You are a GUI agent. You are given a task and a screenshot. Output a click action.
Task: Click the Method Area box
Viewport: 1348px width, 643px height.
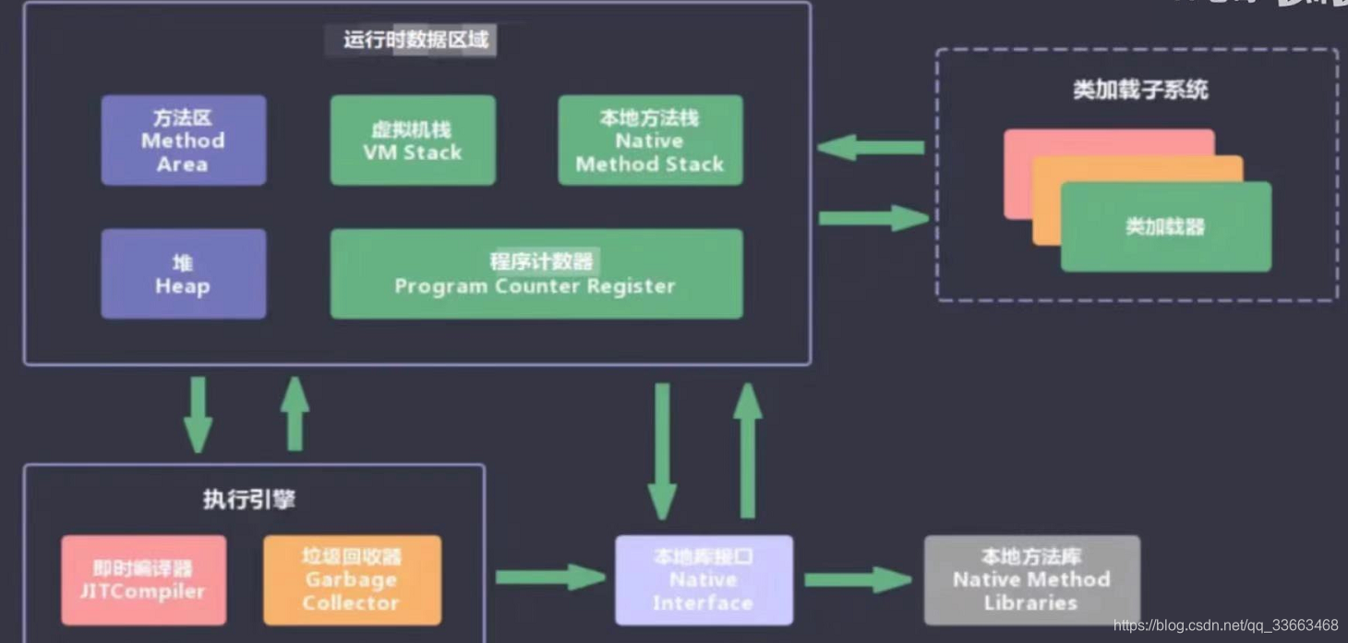(183, 140)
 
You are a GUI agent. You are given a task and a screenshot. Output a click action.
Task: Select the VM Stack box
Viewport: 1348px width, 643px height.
(413, 140)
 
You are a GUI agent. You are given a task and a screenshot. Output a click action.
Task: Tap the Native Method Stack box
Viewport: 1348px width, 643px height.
(650, 140)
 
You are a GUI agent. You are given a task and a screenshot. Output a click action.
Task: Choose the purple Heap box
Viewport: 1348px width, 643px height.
(183, 274)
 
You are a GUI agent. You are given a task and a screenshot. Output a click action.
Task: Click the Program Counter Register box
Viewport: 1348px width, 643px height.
(536, 274)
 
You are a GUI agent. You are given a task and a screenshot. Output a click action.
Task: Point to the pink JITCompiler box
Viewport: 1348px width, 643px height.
(143, 580)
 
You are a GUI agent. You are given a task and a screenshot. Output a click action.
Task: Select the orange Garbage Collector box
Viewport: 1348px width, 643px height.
(352, 580)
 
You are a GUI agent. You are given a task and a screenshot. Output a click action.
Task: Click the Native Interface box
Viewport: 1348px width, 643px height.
(704, 580)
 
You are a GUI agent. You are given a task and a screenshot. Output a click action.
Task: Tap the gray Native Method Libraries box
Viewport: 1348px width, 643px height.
(1031, 580)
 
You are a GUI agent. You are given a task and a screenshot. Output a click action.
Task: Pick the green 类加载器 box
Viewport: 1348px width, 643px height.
(1165, 227)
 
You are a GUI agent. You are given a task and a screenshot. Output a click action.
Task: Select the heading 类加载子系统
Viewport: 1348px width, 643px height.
(1140, 91)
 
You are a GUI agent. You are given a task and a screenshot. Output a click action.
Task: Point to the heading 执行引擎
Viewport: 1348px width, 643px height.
(249, 500)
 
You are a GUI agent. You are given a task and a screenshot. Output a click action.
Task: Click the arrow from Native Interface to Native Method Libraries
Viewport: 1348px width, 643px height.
(857, 580)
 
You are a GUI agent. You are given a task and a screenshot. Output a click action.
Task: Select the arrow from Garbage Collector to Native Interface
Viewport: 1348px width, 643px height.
(549, 577)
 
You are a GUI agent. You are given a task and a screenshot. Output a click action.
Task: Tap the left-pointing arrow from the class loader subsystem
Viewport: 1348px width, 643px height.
(871, 147)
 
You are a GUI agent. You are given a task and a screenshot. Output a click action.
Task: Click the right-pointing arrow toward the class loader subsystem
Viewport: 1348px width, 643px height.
(873, 218)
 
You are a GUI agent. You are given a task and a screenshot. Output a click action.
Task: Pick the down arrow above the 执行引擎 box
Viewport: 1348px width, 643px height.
(198, 414)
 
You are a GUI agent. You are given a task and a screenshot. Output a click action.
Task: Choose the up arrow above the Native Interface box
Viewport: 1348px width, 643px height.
(748, 451)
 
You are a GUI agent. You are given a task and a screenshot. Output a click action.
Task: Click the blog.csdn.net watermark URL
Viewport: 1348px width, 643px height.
(1225, 625)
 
